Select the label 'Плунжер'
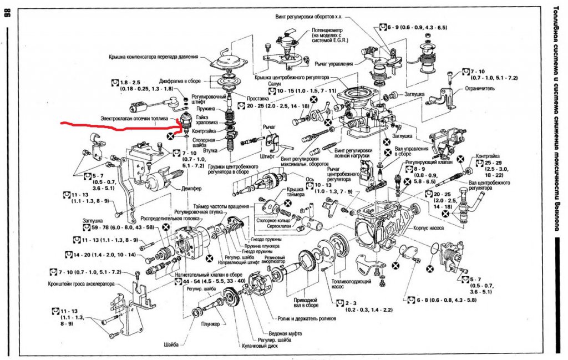tap(211, 323)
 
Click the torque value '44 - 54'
tap(196, 282)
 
